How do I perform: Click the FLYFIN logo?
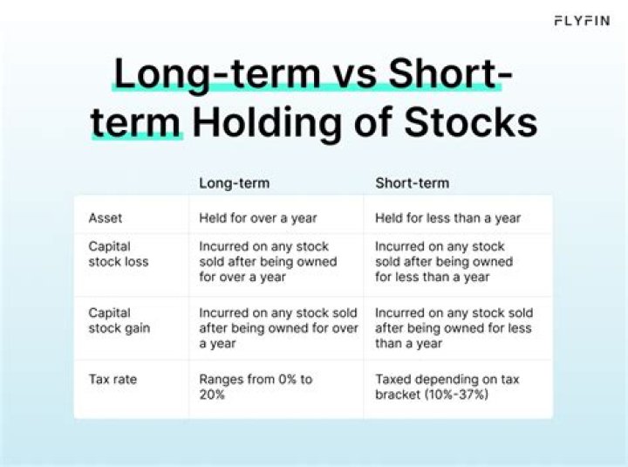[x=582, y=20]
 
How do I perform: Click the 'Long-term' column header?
[x=235, y=183]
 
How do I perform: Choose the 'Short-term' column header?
[x=412, y=183]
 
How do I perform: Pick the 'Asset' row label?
[x=105, y=218]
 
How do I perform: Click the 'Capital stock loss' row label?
[x=118, y=254]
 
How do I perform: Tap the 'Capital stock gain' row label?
[x=119, y=320]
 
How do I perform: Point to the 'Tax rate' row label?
[x=113, y=380]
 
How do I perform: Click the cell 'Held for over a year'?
[x=258, y=218]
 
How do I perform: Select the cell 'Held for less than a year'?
[x=448, y=218]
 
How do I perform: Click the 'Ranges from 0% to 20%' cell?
[x=256, y=387]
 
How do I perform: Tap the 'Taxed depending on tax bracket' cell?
[x=448, y=380]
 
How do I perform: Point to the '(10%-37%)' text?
[x=458, y=395]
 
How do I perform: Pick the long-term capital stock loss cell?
[x=268, y=262]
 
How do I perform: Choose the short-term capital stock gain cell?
[x=454, y=328]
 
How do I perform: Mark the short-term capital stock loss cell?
[x=444, y=262]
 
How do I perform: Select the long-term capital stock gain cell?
[x=278, y=328]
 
